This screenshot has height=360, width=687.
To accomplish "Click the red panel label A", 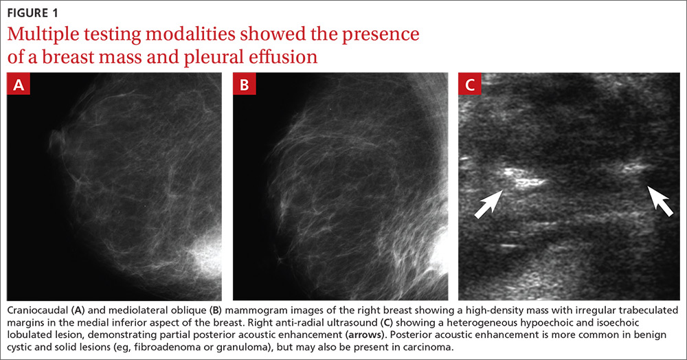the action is [x=19, y=84].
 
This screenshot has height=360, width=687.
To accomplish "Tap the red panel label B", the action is [x=245, y=84].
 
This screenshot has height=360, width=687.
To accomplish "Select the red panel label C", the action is [x=470, y=84].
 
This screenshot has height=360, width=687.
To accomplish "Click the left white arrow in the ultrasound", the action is [x=489, y=203].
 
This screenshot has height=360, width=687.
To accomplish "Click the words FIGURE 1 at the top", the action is [x=32, y=13].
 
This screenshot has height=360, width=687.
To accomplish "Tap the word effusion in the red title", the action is [x=281, y=57].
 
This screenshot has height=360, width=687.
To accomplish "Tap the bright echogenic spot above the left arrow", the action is [x=523, y=178].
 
